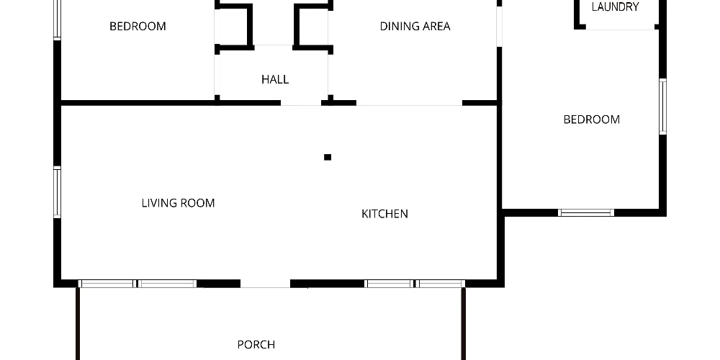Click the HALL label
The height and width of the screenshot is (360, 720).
pyautogui.click(x=275, y=79)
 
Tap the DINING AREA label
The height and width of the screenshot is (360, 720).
pyautogui.click(x=415, y=26)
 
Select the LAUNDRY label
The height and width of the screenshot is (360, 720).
pyautogui.click(x=616, y=7)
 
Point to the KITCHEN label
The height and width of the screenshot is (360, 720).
pyautogui.click(x=384, y=214)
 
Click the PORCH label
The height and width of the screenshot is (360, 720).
pyautogui.click(x=256, y=344)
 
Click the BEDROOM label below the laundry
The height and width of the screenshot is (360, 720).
pyautogui.click(x=591, y=120)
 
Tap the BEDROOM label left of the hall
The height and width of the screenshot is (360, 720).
pyautogui.click(x=138, y=26)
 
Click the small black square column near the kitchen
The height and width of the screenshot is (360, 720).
pyautogui.click(x=328, y=157)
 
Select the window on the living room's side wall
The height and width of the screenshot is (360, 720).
pyautogui.click(x=58, y=192)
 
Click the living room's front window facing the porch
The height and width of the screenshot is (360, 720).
pyautogui.click(x=138, y=284)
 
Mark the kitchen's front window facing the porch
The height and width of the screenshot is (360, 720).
pyautogui.click(x=415, y=284)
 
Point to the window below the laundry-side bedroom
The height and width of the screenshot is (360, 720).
pyautogui.click(x=586, y=212)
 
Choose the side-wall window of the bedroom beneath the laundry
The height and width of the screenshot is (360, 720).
pyautogui.click(x=662, y=107)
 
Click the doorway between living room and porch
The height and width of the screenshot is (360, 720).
pyautogui.click(x=266, y=284)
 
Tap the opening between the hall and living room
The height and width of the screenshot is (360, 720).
pyautogui.click(x=301, y=103)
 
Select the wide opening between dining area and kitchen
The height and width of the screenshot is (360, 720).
pyautogui.click(x=409, y=103)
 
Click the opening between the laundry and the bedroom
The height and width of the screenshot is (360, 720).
pyautogui.click(x=621, y=27)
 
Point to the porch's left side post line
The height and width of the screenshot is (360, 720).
pyautogui.click(x=78, y=324)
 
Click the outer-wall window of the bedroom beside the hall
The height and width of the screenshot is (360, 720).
pyautogui.click(x=58, y=19)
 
